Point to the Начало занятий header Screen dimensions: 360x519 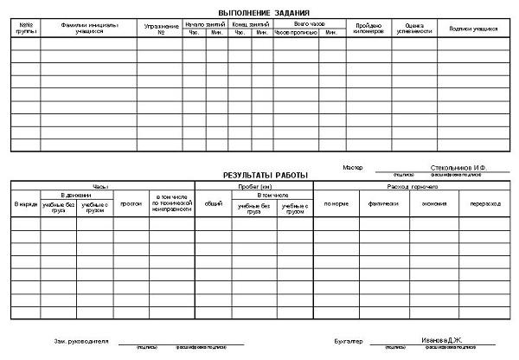[x=204, y=23]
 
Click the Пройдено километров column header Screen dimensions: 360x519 [x=369, y=29]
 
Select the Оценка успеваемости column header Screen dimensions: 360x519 [x=414, y=29]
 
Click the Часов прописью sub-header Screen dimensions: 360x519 [x=295, y=33]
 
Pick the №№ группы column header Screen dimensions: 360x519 [x=25, y=29]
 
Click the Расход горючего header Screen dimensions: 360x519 [x=409, y=186]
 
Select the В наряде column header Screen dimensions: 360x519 [x=26, y=204]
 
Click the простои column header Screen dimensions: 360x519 [x=131, y=204]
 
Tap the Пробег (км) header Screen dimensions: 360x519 [x=253, y=186]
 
